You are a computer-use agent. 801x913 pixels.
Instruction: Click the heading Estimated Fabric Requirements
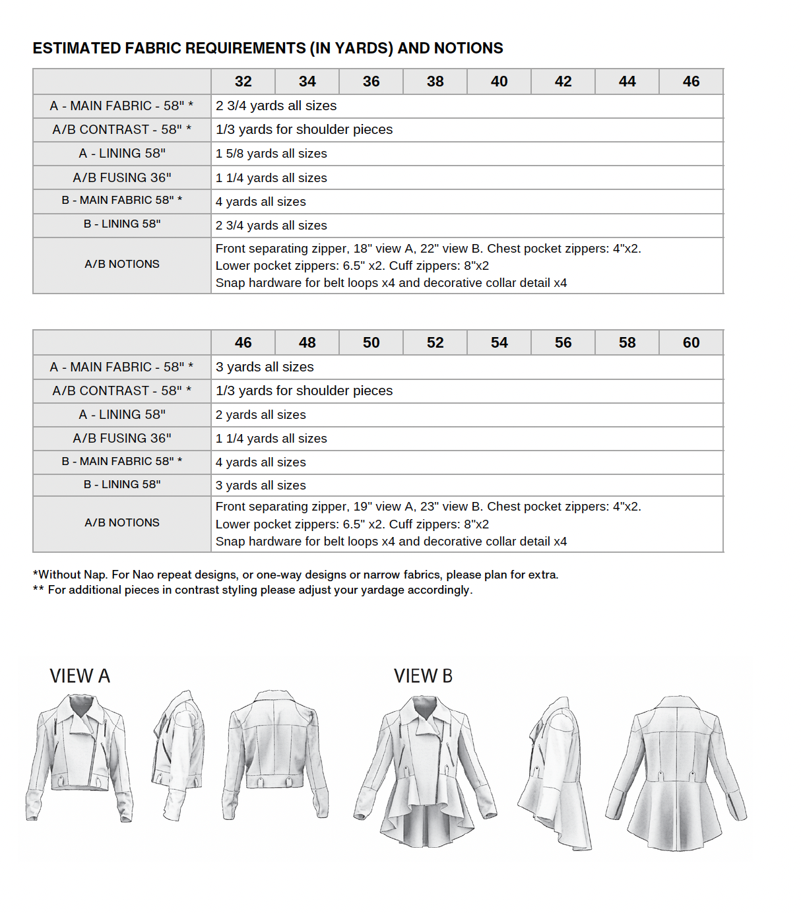coord(267,48)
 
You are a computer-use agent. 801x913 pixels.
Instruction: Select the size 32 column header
coord(243,82)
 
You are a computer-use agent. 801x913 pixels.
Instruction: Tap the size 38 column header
coord(435,82)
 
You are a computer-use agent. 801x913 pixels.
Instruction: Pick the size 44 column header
coord(627,82)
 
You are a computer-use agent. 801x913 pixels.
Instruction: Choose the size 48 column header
coord(307,343)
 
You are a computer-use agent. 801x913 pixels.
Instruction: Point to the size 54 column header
coord(499,343)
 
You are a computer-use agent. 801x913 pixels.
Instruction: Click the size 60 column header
coord(691,343)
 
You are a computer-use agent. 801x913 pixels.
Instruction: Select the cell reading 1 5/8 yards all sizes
coord(271,154)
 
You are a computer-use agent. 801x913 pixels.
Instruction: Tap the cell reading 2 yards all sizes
coord(261,415)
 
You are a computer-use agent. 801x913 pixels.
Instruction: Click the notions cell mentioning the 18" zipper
coord(428,266)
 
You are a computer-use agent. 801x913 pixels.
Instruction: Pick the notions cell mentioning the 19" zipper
coord(428,524)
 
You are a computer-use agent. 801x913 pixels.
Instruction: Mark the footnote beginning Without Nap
coord(296,575)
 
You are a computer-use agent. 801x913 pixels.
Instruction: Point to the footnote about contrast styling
coord(253,590)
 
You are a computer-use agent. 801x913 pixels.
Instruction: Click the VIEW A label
coord(80,676)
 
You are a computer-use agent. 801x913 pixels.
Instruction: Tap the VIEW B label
coord(423,676)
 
